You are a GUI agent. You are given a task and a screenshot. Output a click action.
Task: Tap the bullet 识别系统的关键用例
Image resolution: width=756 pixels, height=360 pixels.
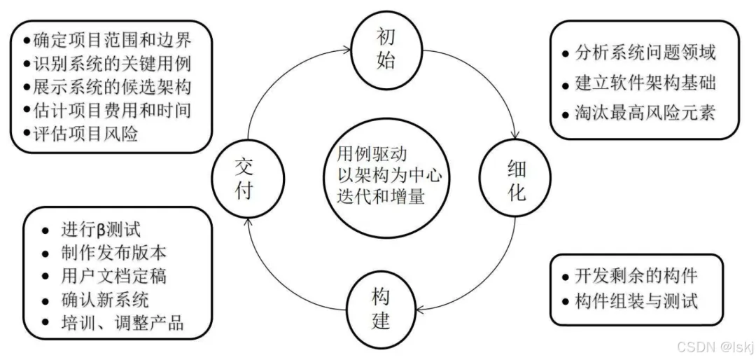click(112, 62)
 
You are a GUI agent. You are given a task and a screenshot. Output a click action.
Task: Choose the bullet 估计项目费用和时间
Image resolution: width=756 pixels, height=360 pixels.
click(112, 110)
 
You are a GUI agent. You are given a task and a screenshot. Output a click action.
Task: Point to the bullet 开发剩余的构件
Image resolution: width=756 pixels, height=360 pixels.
click(635, 276)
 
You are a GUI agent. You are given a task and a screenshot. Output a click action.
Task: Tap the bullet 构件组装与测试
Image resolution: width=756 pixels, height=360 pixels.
click(635, 301)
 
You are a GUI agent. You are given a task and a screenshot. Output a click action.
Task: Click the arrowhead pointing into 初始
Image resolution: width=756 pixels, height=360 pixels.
click(348, 49)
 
